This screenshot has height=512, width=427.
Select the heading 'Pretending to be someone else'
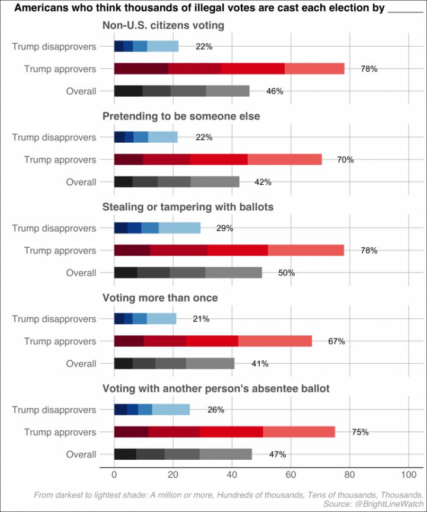click(x=181, y=116)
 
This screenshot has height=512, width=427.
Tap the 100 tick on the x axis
click(x=408, y=475)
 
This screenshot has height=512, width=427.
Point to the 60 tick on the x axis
click(x=291, y=475)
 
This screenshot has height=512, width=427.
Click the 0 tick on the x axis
click(x=114, y=475)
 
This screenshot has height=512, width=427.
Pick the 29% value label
click(x=225, y=228)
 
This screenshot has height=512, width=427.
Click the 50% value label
click(x=286, y=273)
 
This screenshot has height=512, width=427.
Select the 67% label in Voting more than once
click(x=336, y=341)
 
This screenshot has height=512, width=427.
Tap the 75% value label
click(x=360, y=432)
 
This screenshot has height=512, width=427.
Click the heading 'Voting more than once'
click(x=160, y=297)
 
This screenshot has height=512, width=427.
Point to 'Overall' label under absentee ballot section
click(x=81, y=455)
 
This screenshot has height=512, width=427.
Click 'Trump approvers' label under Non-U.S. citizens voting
click(x=60, y=69)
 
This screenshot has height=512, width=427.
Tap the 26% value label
click(x=216, y=409)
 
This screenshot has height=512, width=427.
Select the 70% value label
click(x=346, y=159)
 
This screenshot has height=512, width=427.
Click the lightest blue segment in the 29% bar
click(x=180, y=228)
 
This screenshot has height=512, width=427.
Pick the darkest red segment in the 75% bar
click(x=131, y=432)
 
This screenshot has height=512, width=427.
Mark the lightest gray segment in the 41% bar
click(x=211, y=364)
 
